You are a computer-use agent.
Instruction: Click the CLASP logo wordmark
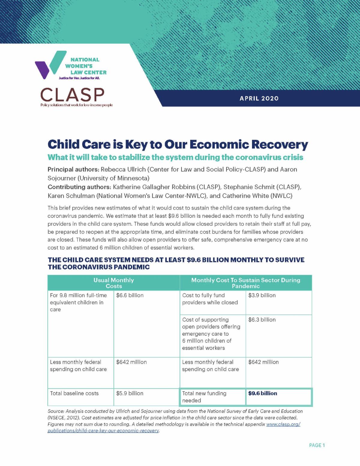(x=72, y=95)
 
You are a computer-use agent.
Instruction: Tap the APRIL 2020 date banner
(x=259, y=98)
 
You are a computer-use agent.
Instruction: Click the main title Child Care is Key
(x=178, y=144)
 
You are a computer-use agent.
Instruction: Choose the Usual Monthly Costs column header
(x=114, y=283)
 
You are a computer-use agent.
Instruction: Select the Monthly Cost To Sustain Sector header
(x=246, y=283)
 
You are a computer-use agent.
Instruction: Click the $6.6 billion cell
(x=130, y=295)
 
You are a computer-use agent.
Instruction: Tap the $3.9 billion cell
(x=262, y=295)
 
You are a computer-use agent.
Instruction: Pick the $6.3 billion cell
(x=262, y=320)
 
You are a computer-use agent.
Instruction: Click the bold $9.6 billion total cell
(x=263, y=393)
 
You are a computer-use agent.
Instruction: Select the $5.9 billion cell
(x=130, y=393)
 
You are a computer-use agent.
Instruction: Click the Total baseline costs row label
(x=74, y=393)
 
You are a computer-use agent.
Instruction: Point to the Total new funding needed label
(x=204, y=397)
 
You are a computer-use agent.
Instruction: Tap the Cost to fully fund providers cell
(x=210, y=299)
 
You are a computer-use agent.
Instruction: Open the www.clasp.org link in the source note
(x=283, y=424)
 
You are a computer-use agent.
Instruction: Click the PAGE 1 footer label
(x=317, y=445)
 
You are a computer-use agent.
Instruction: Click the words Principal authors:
(x=73, y=169)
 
